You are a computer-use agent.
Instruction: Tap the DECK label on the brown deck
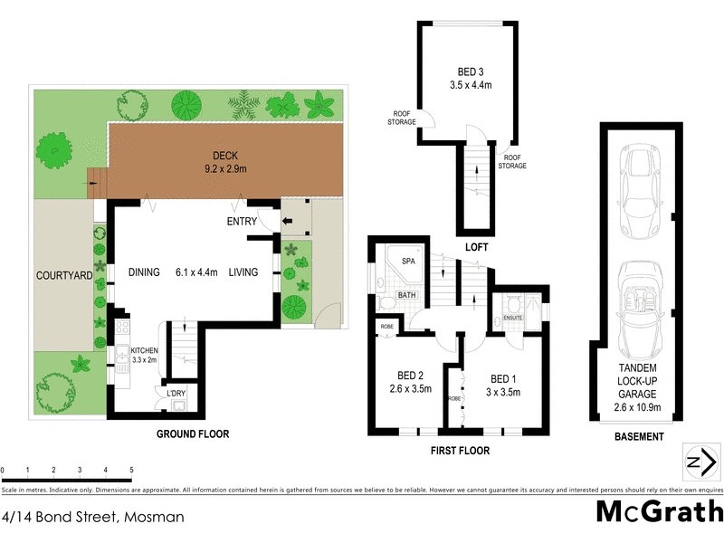(225, 154)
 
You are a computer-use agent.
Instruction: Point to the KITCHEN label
(146, 349)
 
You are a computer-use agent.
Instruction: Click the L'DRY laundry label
(176, 394)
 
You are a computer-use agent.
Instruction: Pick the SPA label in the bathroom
(408, 261)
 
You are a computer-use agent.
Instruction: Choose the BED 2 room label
(410, 376)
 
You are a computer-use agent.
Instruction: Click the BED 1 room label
(503, 377)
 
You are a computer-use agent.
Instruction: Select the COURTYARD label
(63, 275)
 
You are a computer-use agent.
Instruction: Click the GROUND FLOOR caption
(193, 434)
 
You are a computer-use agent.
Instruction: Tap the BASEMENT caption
(638, 436)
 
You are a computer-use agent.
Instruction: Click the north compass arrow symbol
(697, 462)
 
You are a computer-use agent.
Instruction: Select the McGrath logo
(660, 512)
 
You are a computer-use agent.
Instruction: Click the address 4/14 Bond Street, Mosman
(93, 518)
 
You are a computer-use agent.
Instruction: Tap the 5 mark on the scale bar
(131, 471)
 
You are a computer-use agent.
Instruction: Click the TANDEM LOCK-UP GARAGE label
(637, 386)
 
